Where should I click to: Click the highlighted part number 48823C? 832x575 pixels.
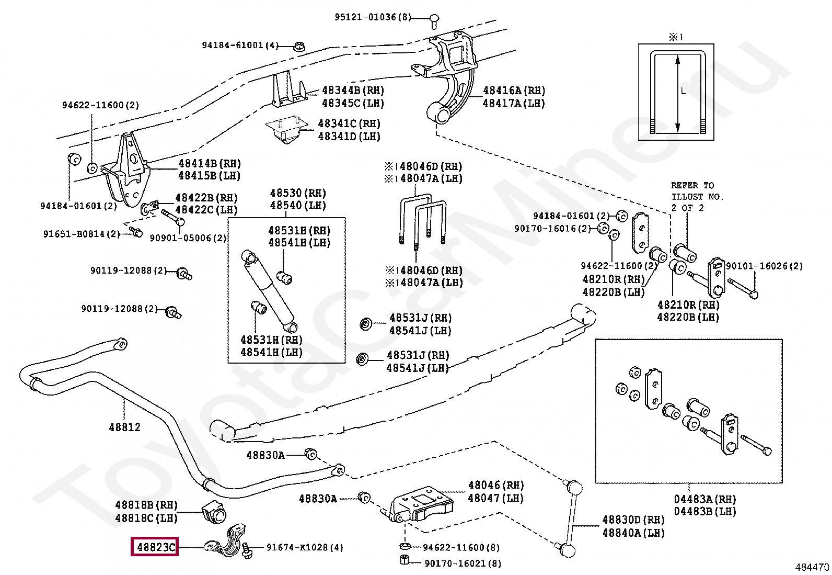[155, 547]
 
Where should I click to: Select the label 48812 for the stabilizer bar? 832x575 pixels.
[124, 427]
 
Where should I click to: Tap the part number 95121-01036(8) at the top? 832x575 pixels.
[373, 17]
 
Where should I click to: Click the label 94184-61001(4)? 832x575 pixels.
[240, 46]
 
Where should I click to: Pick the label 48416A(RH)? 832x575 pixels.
[514, 91]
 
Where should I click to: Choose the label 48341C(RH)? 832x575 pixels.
[349, 124]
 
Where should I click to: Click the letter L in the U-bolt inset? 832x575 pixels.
[683, 91]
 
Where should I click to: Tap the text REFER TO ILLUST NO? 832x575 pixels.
[697, 191]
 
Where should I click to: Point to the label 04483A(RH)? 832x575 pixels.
[705, 499]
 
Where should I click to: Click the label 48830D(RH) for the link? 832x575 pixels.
[633, 520]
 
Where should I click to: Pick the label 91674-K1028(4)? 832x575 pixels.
[305, 548]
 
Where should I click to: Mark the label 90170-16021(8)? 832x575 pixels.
[463, 563]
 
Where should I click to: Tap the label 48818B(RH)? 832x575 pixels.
[146, 505]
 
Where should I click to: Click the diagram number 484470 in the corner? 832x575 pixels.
[812, 567]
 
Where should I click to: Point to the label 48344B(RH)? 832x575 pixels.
[353, 91]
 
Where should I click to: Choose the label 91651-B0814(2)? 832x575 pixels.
[82, 234]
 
